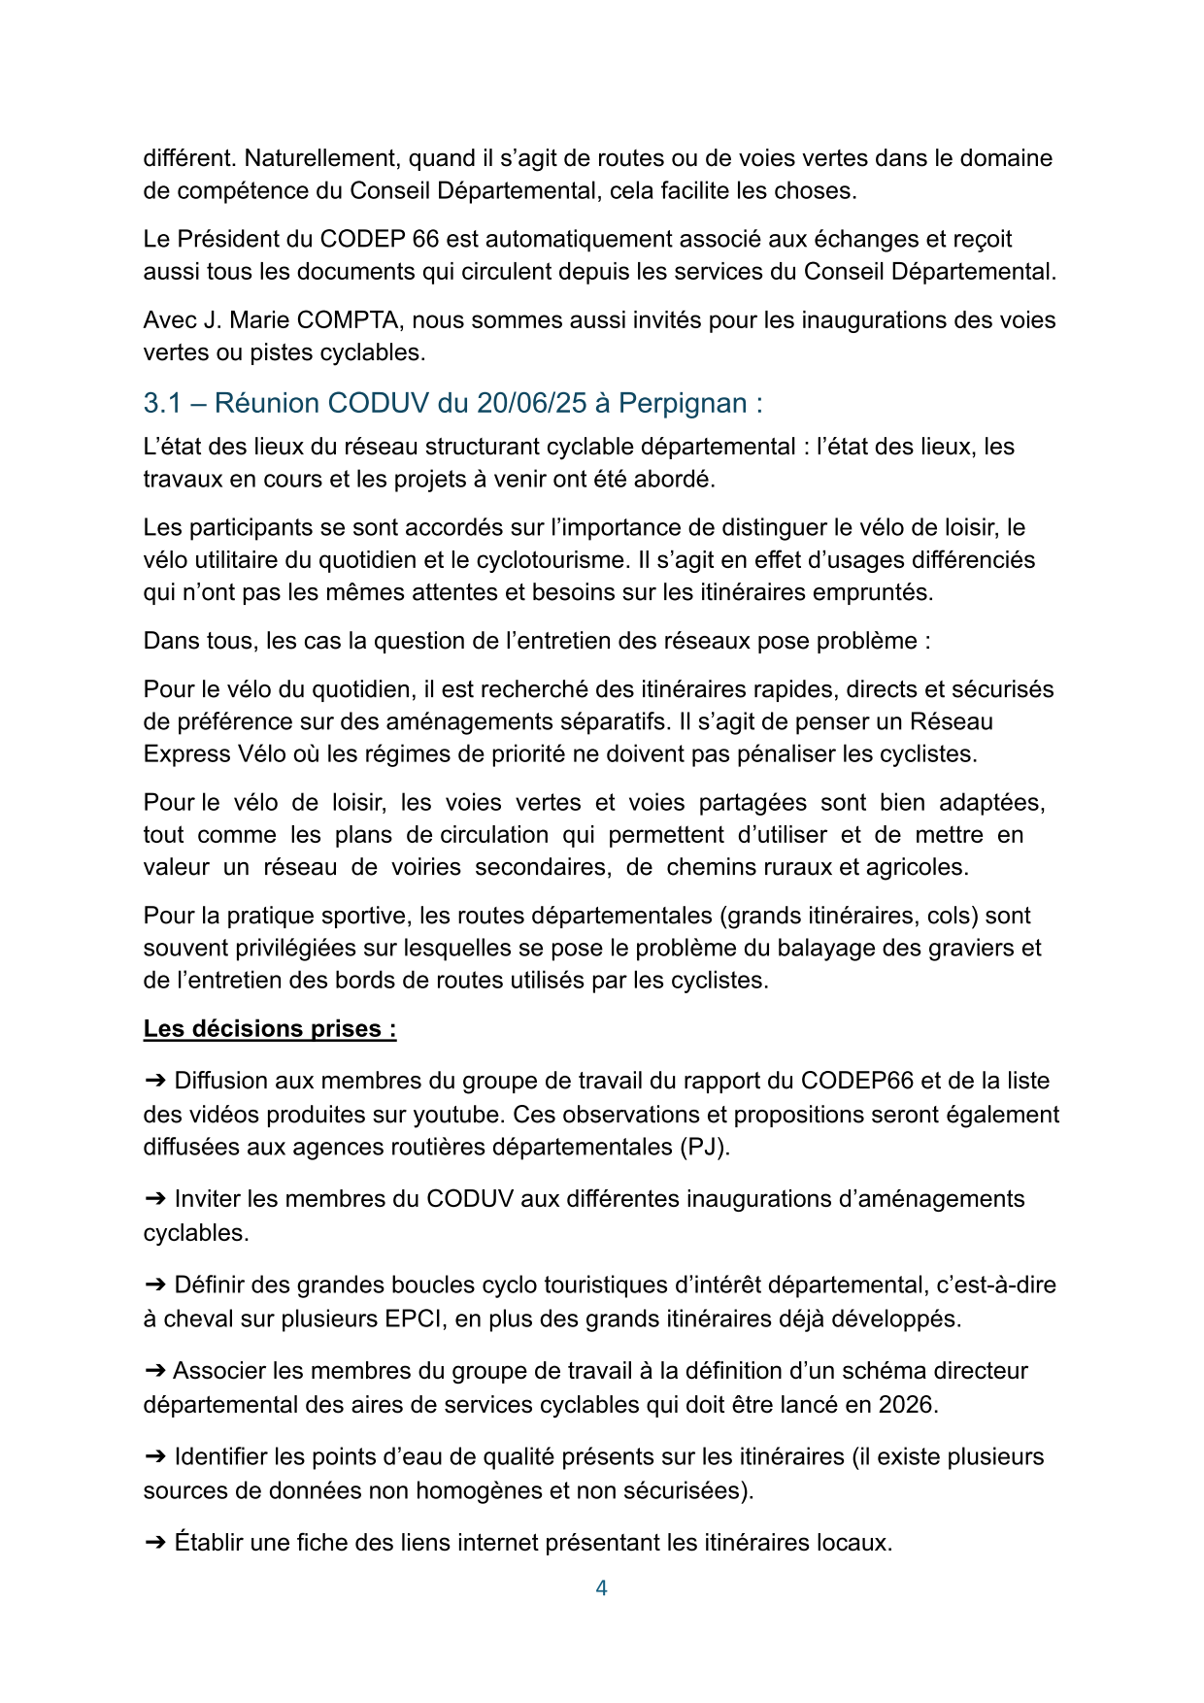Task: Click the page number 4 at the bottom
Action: point(601,1588)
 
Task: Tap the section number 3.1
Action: point(163,403)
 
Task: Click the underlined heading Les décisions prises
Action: point(269,1029)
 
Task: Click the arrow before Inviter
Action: point(154,1199)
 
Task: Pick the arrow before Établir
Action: point(154,1543)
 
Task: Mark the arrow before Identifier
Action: point(154,1457)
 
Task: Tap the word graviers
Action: point(973,949)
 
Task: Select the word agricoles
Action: point(916,868)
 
